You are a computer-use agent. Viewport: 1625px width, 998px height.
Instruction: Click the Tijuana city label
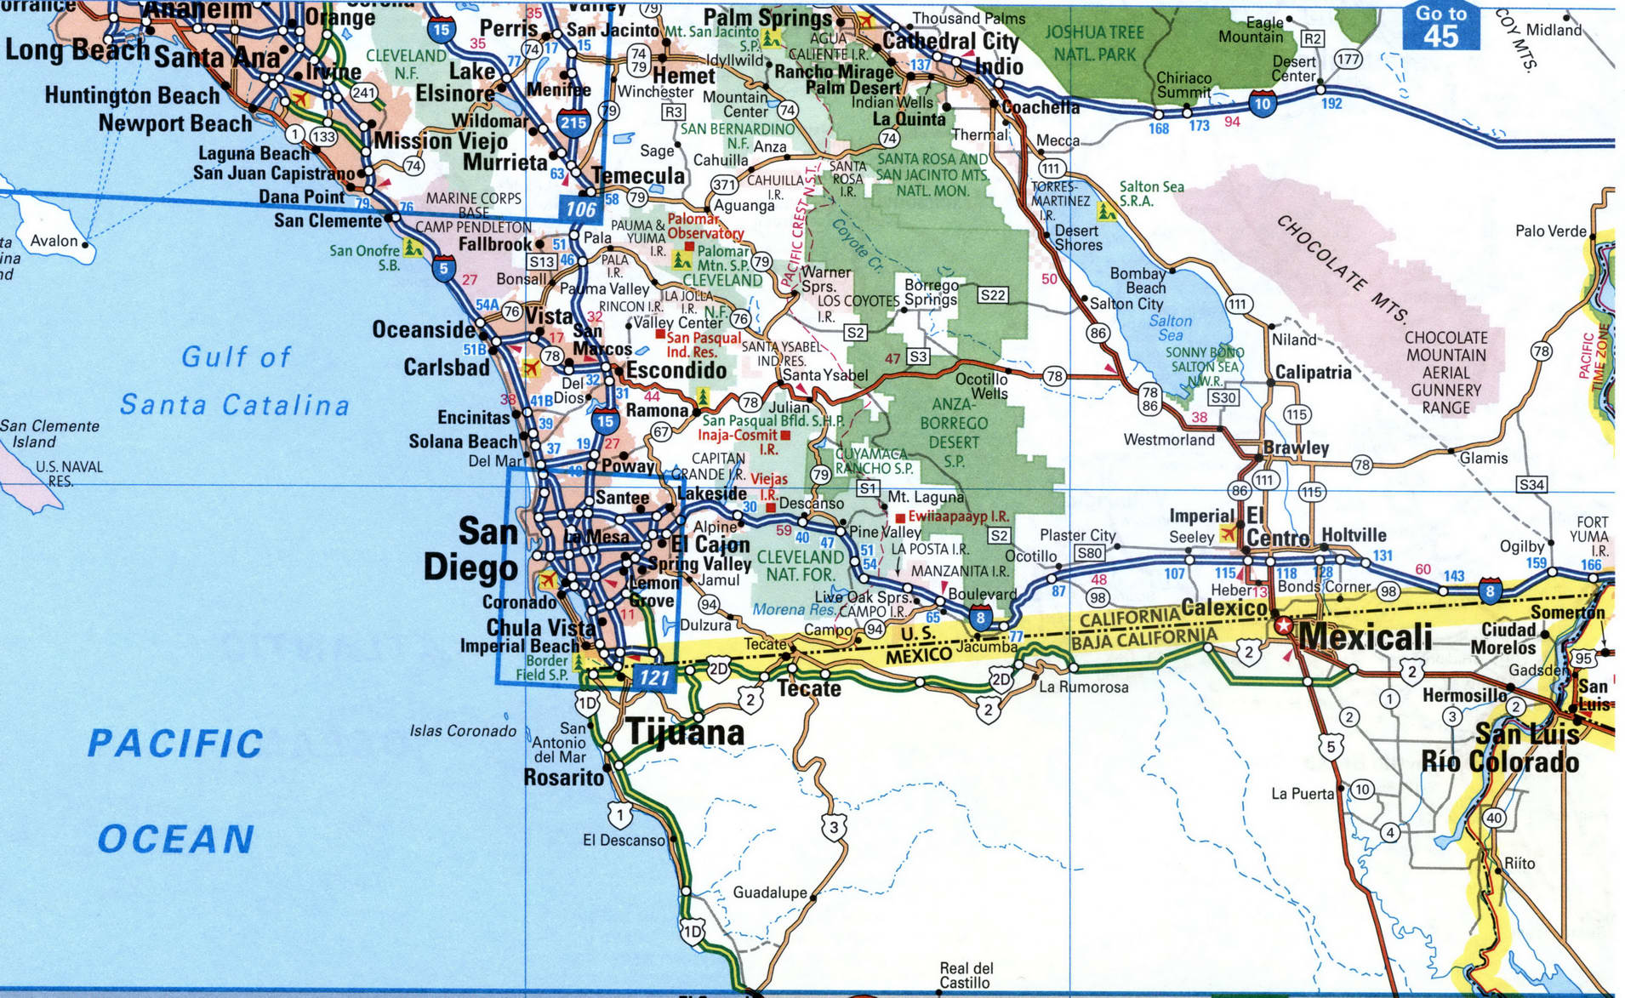click(x=686, y=733)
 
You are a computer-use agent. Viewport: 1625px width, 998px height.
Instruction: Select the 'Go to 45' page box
click(x=1440, y=26)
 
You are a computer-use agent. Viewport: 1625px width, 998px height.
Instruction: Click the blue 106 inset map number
click(x=581, y=209)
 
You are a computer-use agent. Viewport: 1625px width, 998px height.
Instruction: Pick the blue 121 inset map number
click(x=654, y=678)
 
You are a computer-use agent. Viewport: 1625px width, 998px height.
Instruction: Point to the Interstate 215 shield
click(x=574, y=122)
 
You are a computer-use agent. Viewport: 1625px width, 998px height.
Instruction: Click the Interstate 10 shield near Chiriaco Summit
click(x=1263, y=105)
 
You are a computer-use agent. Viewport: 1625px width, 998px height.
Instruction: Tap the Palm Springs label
click(x=767, y=18)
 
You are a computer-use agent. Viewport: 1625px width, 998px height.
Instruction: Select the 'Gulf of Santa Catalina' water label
click(x=235, y=381)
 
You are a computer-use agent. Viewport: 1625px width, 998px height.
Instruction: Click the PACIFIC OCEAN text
click(x=175, y=791)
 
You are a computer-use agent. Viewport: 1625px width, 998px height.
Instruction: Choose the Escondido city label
click(x=676, y=370)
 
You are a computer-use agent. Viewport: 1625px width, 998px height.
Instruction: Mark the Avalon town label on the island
click(x=54, y=241)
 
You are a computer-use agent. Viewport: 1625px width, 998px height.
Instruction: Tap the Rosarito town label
click(x=563, y=777)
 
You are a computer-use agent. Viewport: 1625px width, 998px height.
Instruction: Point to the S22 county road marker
click(x=992, y=295)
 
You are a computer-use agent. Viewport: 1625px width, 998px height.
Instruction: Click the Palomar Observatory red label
click(x=705, y=226)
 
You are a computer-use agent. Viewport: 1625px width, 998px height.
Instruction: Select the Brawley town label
click(x=1296, y=448)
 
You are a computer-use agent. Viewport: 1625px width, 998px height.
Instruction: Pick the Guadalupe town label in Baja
click(x=770, y=892)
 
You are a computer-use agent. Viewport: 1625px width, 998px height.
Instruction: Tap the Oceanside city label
click(x=423, y=329)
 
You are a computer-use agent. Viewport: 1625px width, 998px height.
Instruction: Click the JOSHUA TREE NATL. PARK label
click(x=1094, y=43)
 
